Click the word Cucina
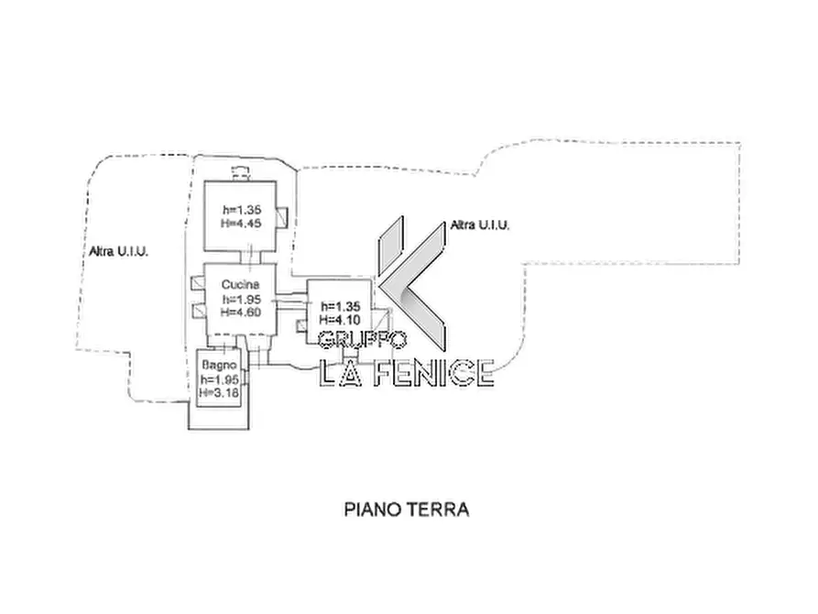click(x=241, y=285)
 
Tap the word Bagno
click(x=219, y=365)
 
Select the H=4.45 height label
click(x=241, y=224)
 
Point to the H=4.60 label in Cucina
click(x=241, y=312)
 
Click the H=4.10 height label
click(x=340, y=320)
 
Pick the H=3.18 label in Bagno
click(x=219, y=392)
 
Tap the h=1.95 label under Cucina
click(x=242, y=299)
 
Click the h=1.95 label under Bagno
click(x=220, y=379)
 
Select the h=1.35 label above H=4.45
click(x=242, y=210)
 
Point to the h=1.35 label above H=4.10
click(x=341, y=306)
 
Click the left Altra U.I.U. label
click(x=119, y=251)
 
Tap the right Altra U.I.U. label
click(x=480, y=225)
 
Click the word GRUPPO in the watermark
click(x=363, y=340)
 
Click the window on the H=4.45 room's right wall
click(x=282, y=217)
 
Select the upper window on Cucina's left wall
click(x=198, y=283)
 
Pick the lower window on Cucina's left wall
click(x=198, y=311)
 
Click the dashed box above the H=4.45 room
click(x=241, y=172)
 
